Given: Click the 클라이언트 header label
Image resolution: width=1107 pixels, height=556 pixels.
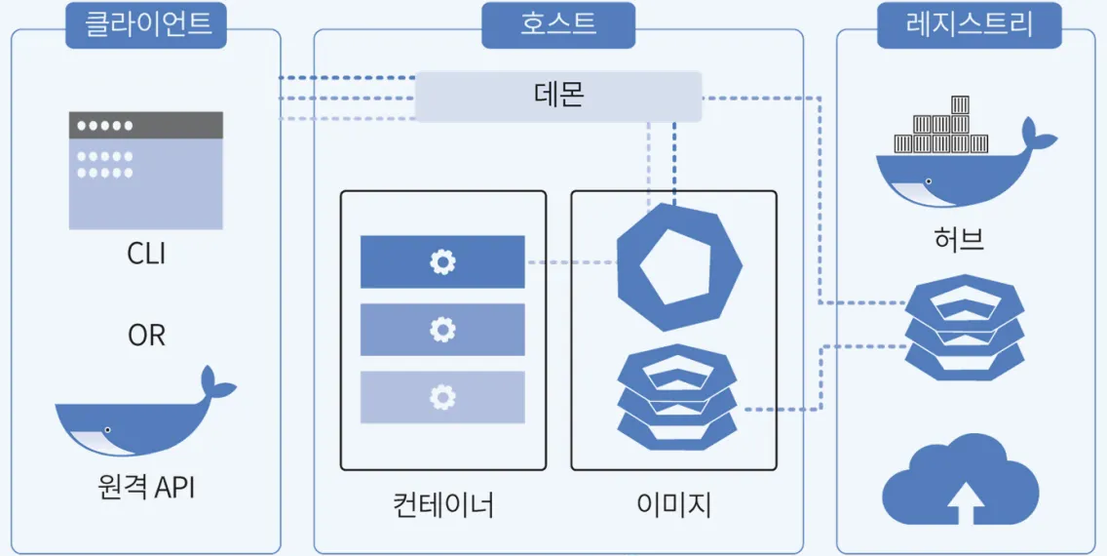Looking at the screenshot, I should pyautogui.click(x=145, y=24).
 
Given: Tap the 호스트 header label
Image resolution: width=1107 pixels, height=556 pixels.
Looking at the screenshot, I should pyautogui.click(x=557, y=24).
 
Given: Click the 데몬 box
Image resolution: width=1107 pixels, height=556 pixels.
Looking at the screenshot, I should pyautogui.click(x=558, y=96).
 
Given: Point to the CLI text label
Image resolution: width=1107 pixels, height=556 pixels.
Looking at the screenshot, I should pyautogui.click(x=146, y=254).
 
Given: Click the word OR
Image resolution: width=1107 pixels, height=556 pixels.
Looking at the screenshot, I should pyautogui.click(x=146, y=336).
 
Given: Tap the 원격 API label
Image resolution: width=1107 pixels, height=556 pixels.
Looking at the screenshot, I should pyautogui.click(x=146, y=486).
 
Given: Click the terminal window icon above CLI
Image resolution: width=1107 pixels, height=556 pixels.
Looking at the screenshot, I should pyautogui.click(x=146, y=170).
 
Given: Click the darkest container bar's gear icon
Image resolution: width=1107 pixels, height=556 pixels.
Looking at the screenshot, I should pyautogui.click(x=442, y=261).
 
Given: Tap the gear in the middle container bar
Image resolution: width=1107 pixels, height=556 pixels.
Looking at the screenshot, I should pyautogui.click(x=442, y=330).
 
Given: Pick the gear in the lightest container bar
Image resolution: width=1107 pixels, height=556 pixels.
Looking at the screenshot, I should pyautogui.click(x=442, y=397).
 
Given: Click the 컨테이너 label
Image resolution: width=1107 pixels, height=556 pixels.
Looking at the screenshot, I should pyautogui.click(x=443, y=505).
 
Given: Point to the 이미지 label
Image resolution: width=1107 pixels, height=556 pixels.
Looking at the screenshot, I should pyautogui.click(x=673, y=505).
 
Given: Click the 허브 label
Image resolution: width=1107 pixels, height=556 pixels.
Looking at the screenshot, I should pyautogui.click(x=958, y=238).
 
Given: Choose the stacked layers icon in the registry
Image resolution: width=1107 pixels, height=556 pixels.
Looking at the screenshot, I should pyautogui.click(x=964, y=327).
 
